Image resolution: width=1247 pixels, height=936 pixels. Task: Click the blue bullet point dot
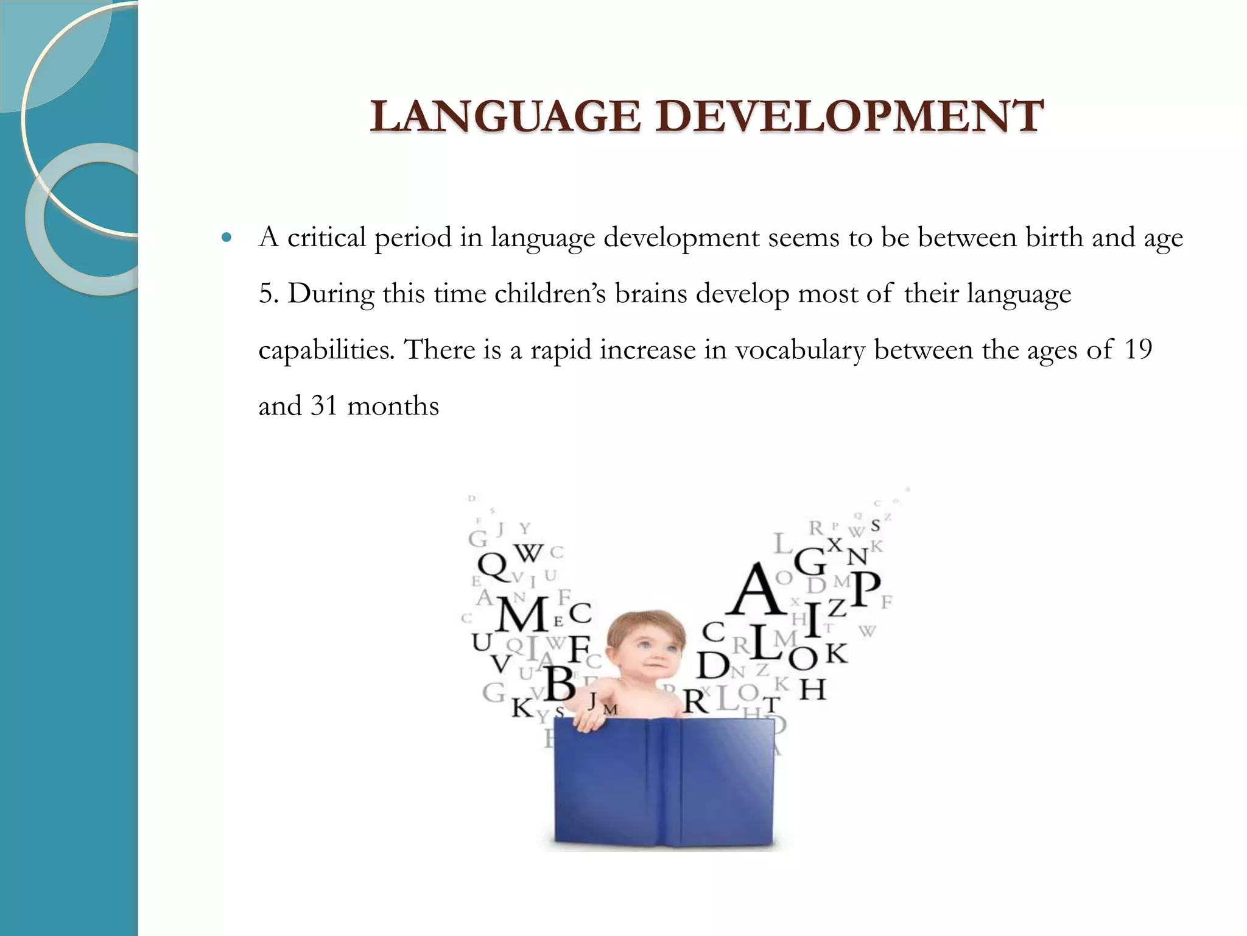[x=228, y=238]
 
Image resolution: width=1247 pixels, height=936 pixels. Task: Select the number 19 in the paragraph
[x=1137, y=350]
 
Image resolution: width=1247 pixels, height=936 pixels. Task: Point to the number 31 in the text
[x=324, y=406]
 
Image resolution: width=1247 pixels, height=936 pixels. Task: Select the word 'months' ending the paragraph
[x=393, y=406]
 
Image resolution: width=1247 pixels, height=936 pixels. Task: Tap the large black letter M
[x=522, y=615]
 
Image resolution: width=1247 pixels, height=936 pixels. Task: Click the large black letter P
[x=865, y=589]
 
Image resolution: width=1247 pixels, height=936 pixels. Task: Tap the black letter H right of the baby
[x=813, y=690]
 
